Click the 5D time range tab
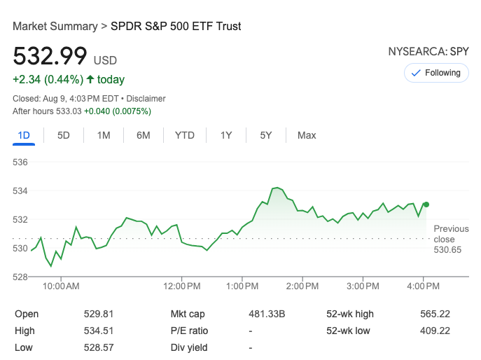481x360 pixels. point(64,135)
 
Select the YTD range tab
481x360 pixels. point(185,135)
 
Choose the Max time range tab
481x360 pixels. point(307,135)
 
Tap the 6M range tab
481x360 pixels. point(144,135)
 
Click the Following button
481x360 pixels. point(436,73)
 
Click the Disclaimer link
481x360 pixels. point(146,99)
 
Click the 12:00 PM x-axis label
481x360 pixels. point(183,286)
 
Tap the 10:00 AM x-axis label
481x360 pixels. point(61,286)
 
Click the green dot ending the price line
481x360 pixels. point(426,205)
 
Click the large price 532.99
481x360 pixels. point(50,56)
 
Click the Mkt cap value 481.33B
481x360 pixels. point(267,314)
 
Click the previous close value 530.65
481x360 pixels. point(447,249)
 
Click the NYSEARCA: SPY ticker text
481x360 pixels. point(428,52)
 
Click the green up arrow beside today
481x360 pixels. point(90,79)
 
